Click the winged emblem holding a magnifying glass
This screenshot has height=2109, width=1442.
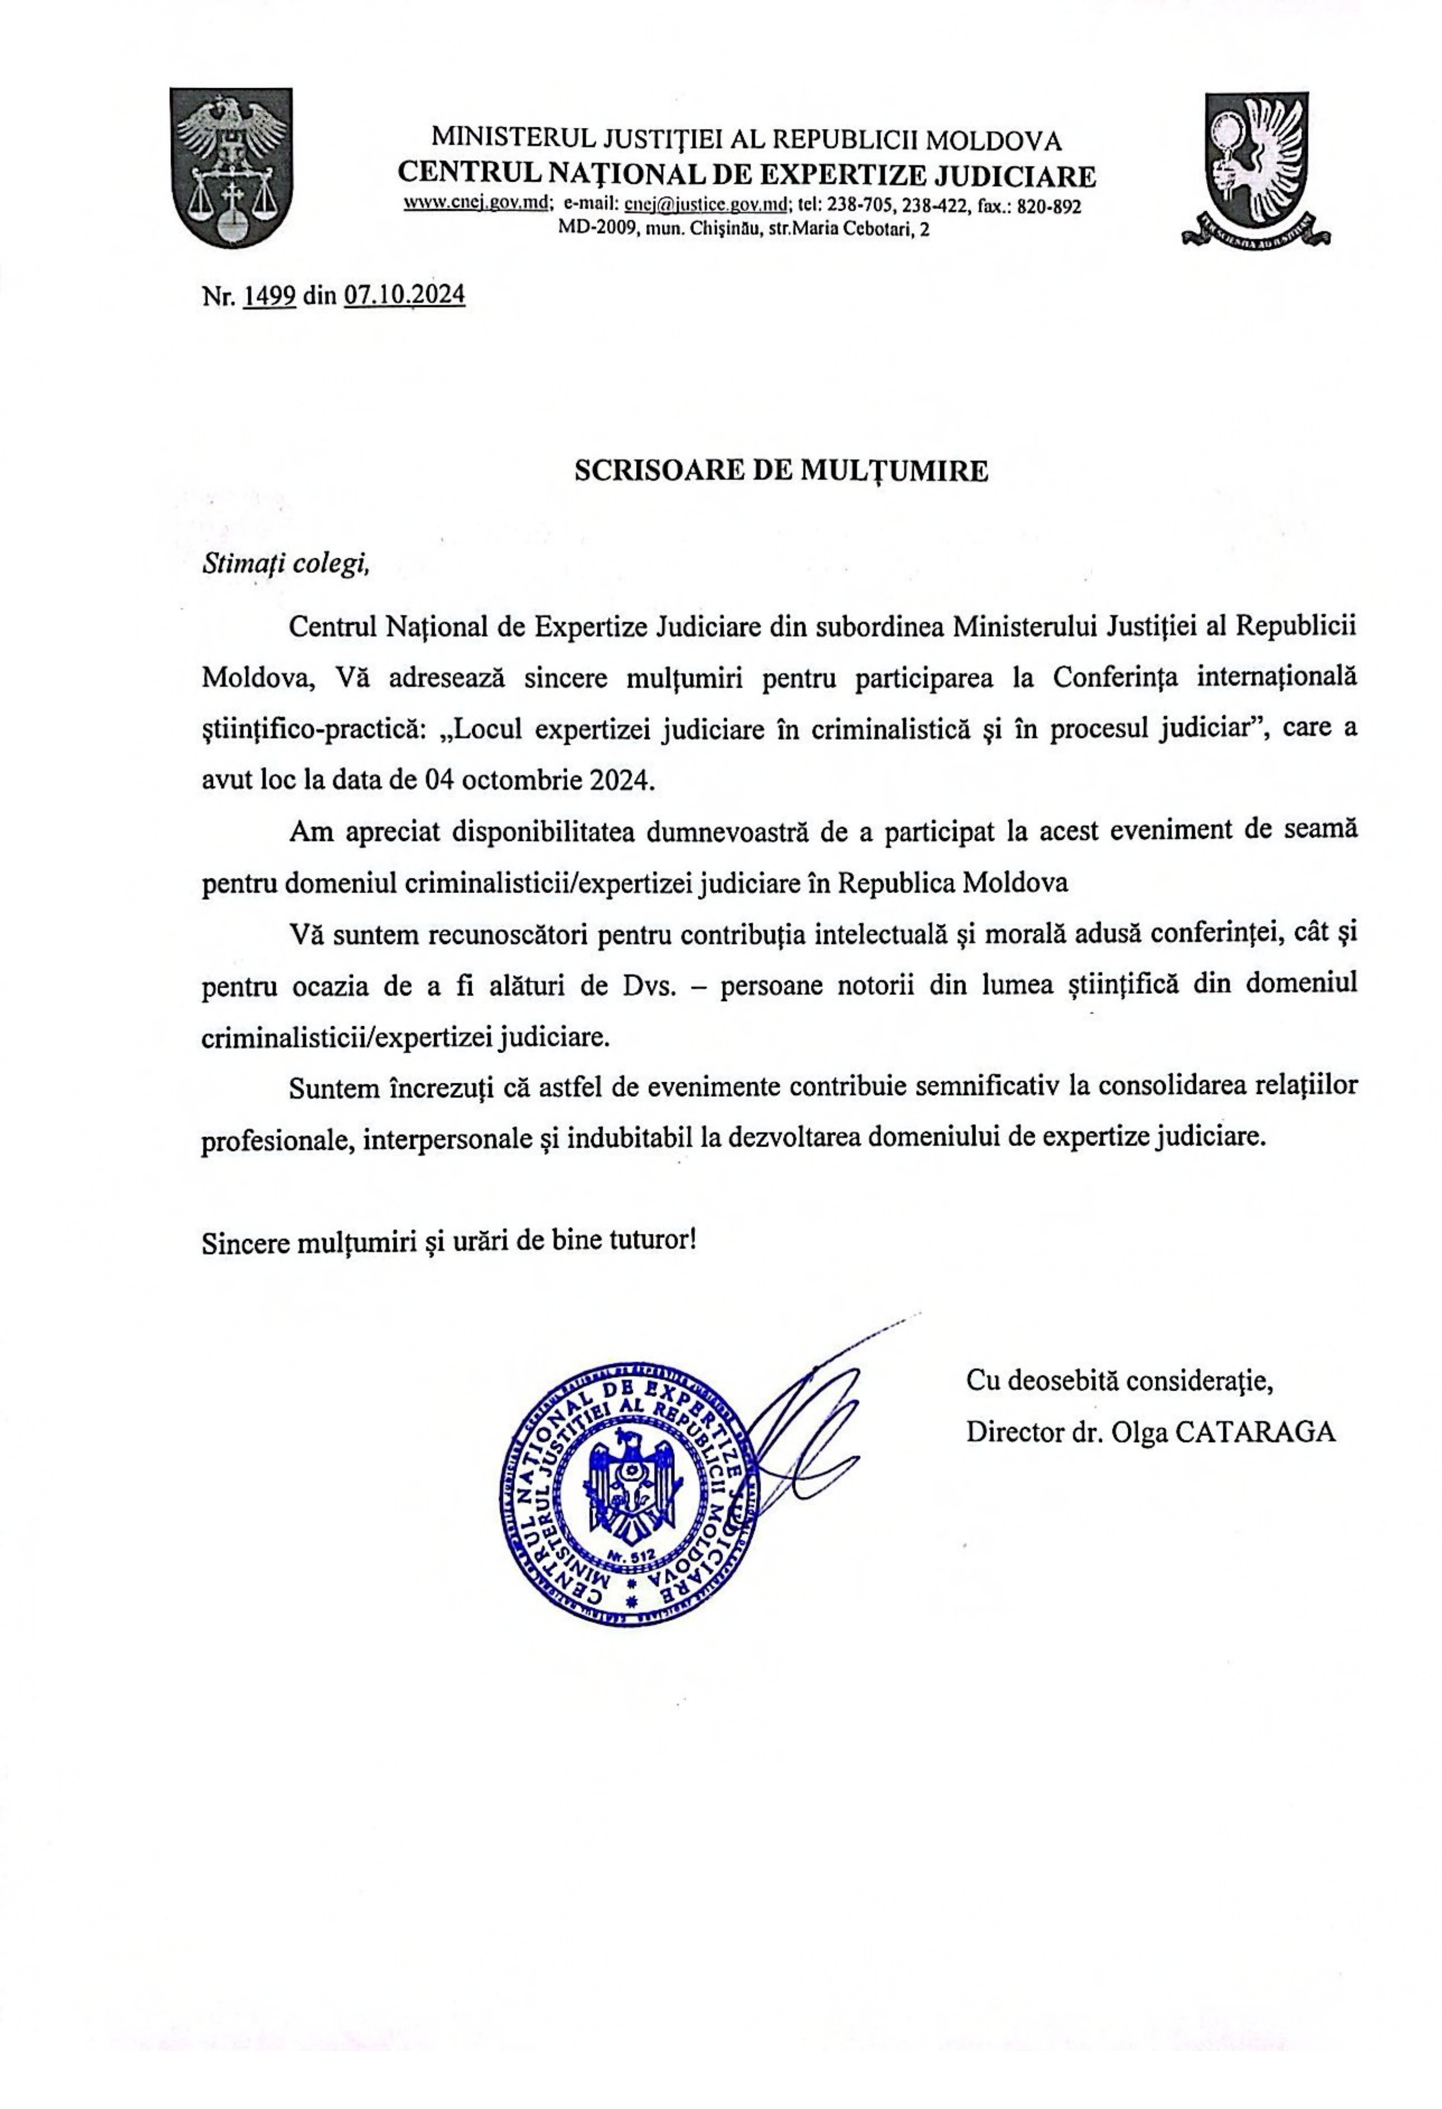coord(1255,169)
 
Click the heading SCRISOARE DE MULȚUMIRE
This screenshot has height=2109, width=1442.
coord(781,470)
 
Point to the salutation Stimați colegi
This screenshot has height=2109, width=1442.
coord(286,564)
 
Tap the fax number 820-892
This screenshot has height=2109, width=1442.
coord(1049,206)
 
